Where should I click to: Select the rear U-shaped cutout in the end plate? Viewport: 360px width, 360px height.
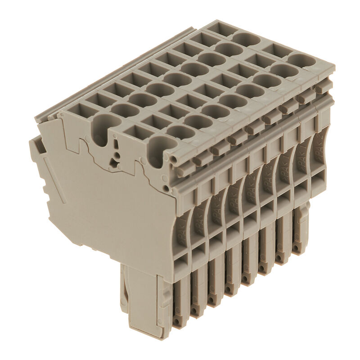pos(103,126)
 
